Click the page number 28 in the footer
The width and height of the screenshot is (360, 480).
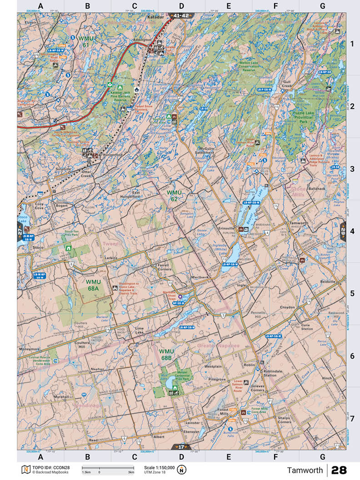pyautogui.click(x=340, y=470)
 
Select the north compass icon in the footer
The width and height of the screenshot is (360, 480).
pyautogui.click(x=182, y=469)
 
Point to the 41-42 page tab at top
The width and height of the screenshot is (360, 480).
pyautogui.click(x=181, y=15)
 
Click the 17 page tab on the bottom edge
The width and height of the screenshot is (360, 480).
pyautogui.click(x=181, y=447)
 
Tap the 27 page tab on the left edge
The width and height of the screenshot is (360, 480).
pyautogui.click(x=20, y=231)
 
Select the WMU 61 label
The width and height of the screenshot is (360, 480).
pyautogui.click(x=85, y=41)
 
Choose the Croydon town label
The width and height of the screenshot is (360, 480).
pyautogui.click(x=288, y=307)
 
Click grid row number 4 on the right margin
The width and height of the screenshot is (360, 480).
pyautogui.click(x=352, y=231)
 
